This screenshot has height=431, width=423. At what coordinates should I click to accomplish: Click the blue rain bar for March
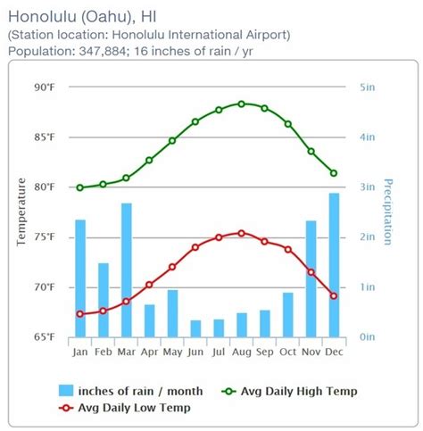coord(127,270)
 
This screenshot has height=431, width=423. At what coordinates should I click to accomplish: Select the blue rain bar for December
coord(334,265)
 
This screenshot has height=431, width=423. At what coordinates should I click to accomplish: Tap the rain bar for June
coord(195,328)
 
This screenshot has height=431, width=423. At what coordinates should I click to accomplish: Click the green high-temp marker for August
coord(241,104)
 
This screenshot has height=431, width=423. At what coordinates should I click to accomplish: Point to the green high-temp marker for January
coord(80,187)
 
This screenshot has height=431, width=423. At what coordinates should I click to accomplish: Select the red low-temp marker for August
coord(241,233)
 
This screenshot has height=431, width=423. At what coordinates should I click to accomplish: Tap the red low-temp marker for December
coord(334,295)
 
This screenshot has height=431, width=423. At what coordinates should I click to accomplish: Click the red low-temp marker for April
coord(149,285)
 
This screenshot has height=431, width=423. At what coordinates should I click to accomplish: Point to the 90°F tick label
coord(45,87)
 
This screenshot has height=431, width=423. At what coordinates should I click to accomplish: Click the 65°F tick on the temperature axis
coord(45,337)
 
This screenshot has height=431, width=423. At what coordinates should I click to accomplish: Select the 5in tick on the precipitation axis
coord(367,87)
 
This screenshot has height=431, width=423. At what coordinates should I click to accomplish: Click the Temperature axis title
coord(21,211)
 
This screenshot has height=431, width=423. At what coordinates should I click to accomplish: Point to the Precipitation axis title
coord(388,211)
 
